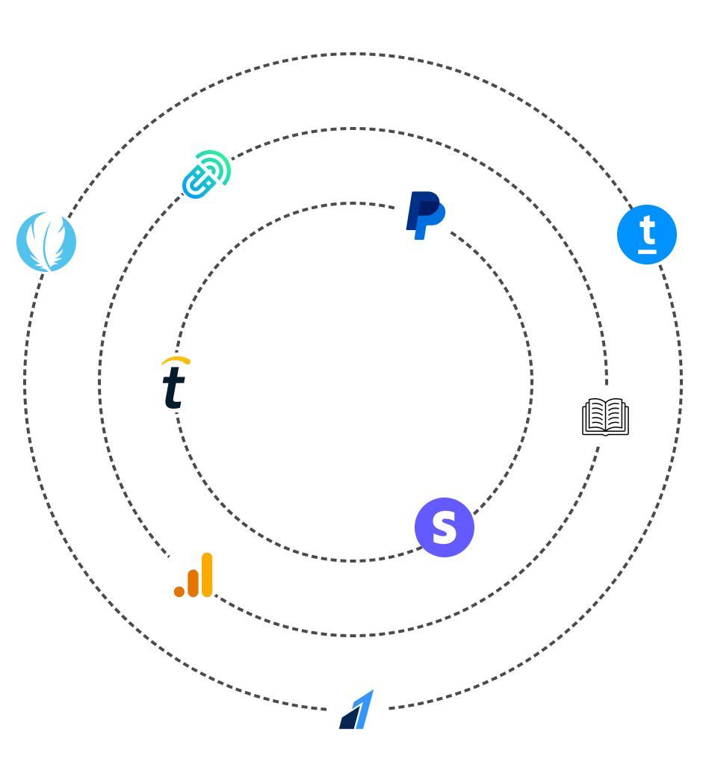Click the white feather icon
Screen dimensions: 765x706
46,241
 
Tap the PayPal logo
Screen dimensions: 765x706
424,214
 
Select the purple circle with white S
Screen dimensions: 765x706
445,527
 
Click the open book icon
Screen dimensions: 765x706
605,417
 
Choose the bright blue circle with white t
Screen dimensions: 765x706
647,235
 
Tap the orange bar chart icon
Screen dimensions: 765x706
193,575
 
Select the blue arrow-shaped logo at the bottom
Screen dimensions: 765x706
356,709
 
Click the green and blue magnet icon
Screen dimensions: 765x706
206,175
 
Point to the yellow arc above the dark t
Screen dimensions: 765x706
176,361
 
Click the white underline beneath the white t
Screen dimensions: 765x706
647,251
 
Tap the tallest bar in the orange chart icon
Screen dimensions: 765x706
207,574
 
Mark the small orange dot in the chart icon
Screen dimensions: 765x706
179,592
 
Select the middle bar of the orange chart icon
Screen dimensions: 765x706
193,583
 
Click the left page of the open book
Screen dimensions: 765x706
595,415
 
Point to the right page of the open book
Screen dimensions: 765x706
616,415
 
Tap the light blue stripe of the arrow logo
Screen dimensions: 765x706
364,709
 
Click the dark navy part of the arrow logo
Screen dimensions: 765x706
348,718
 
